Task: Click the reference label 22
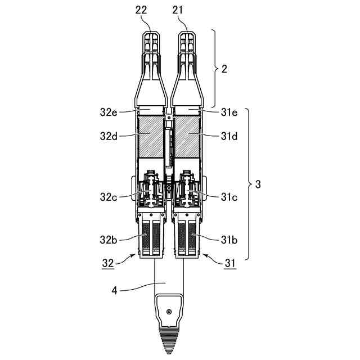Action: pyautogui.click(x=141, y=10)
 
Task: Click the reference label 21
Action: pyautogui.click(x=178, y=10)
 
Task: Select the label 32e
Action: pyautogui.click(x=109, y=112)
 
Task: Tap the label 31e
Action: pyautogui.click(x=229, y=112)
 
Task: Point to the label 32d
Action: pyautogui.click(x=109, y=136)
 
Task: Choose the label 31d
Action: pyautogui.click(x=229, y=136)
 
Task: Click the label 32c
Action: pyautogui.click(x=109, y=197)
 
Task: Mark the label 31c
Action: pyautogui.click(x=229, y=197)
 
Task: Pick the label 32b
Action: pyautogui.click(x=109, y=240)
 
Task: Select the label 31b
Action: pyautogui.click(x=229, y=240)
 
